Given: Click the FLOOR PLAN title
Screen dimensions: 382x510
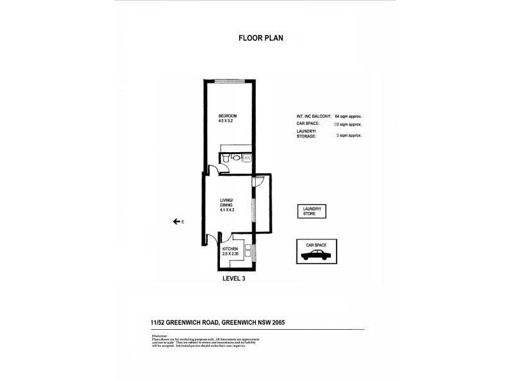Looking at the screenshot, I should tap(261, 38).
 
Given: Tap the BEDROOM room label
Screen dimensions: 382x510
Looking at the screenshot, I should tap(226, 116).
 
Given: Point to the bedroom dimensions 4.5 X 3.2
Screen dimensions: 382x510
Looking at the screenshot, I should tap(226, 121).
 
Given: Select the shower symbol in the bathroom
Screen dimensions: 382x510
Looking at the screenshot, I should tap(247, 157).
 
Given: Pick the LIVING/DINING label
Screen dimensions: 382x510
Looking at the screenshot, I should tap(227, 202).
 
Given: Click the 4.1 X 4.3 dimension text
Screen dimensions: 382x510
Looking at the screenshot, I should tap(227, 210).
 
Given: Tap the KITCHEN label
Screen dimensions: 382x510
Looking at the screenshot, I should tap(230, 249).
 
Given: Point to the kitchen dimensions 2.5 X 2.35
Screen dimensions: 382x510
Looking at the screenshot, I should tap(230, 254).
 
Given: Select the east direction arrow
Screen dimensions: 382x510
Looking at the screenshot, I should tap(175, 222).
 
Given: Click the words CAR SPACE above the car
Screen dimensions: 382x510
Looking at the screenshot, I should tap(316, 244).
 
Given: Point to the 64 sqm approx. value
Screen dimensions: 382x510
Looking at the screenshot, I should tap(348, 117).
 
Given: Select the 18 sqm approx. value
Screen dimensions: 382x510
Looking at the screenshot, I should tap(348, 126).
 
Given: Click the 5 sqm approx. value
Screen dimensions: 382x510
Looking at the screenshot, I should tap(348, 136).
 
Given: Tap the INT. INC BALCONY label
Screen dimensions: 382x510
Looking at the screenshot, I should tap(314, 117).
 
